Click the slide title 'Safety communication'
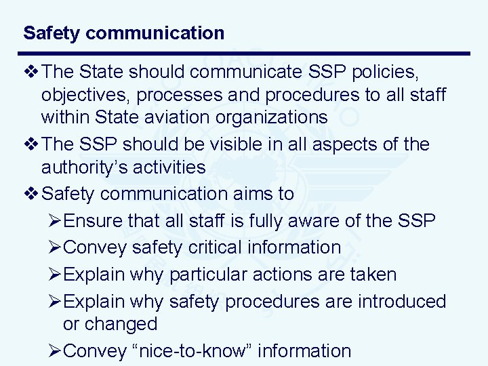point(123,33)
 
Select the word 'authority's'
point(90,167)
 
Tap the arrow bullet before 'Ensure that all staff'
point(56,221)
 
